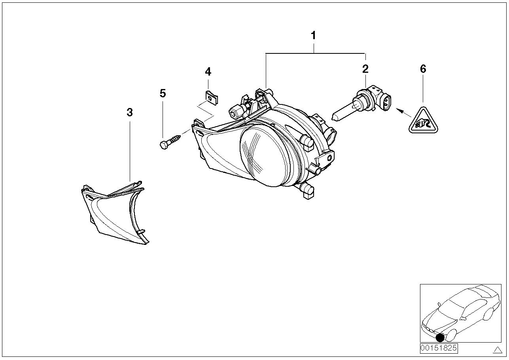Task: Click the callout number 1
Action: click(x=313, y=36)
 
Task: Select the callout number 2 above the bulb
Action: click(x=365, y=69)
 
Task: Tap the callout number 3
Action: click(x=130, y=112)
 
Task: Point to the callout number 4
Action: click(x=208, y=72)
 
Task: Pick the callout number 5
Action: click(x=163, y=93)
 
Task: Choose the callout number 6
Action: click(x=423, y=69)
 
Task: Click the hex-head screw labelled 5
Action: click(x=170, y=141)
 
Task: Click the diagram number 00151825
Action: click(x=439, y=348)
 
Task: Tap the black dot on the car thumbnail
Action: click(x=440, y=337)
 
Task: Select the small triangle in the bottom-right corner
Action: click(x=497, y=349)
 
